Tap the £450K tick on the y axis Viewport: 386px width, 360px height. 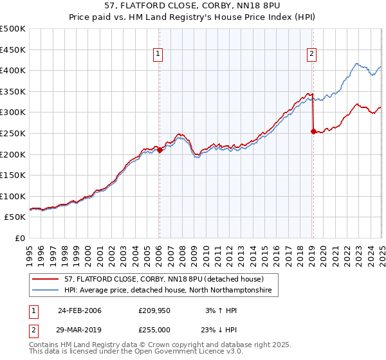pyautogui.click(x=13, y=50)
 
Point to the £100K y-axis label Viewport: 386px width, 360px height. pyautogui.click(x=13, y=197)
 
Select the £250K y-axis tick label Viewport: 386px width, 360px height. pyautogui.click(x=13, y=133)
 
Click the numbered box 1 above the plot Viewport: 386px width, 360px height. pyautogui.click(x=158, y=55)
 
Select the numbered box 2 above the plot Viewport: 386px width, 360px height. pyautogui.click(x=311, y=55)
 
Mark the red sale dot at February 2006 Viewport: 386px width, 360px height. pyautogui.click(x=160, y=150)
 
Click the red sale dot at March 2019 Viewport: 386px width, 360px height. pyautogui.click(x=313, y=131)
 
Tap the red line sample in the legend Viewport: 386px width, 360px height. pyautogui.click(x=47, y=280)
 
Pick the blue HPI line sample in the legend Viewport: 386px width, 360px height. pyautogui.click(x=47, y=291)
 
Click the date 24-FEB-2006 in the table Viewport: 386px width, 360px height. pyautogui.click(x=79, y=310)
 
